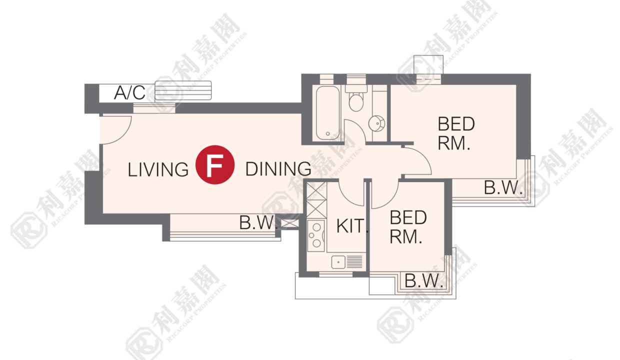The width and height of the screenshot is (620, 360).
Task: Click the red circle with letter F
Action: (215, 164)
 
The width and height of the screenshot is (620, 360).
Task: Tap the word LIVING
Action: (158, 169)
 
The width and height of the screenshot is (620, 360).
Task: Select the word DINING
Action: (278, 169)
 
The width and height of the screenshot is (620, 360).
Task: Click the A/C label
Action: (130, 92)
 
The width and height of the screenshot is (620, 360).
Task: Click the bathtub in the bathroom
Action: (328, 113)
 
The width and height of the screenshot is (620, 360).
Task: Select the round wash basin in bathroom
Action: (376, 123)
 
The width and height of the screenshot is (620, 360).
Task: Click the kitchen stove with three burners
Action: (316, 235)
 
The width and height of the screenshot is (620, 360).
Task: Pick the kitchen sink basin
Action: (338, 262)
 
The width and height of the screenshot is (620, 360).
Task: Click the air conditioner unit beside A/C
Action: (183, 90)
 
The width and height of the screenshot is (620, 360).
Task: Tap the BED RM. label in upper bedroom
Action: (456, 133)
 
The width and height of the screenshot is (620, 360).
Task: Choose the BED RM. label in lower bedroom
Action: (408, 227)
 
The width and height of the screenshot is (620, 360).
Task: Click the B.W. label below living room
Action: (257, 222)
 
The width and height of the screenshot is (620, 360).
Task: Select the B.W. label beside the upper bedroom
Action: (503, 187)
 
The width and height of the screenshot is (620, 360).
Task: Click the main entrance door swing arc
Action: (123, 135)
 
